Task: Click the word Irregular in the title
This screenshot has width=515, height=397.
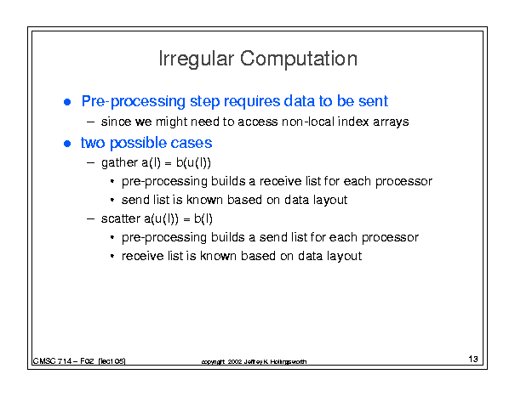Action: (x=196, y=60)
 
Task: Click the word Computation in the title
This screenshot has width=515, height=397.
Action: (x=298, y=59)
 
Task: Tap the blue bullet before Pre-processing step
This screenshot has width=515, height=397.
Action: (x=67, y=102)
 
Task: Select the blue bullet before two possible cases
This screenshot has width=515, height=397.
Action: (x=67, y=144)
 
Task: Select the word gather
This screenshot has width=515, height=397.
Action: (x=119, y=162)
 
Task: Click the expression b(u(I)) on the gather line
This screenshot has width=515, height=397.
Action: (x=193, y=162)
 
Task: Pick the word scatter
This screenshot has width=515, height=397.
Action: (x=121, y=218)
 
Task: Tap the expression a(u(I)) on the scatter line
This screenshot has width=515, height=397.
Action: (x=161, y=218)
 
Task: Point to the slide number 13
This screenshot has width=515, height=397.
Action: (x=473, y=359)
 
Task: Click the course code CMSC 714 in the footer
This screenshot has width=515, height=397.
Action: (x=52, y=361)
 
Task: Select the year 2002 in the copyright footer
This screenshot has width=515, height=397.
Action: (x=235, y=361)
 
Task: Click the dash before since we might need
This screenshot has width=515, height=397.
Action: (x=90, y=122)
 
